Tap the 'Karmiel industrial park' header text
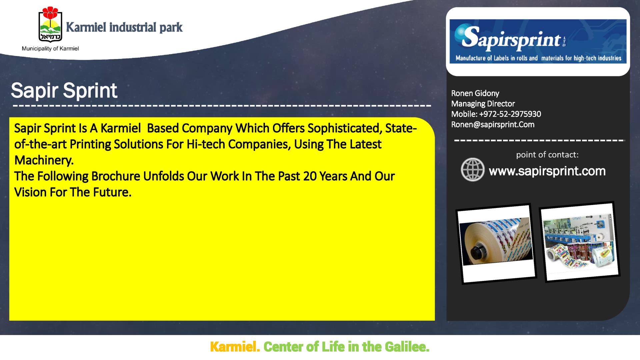coord(124,27)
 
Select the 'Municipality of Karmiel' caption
coord(50,49)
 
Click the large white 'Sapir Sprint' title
coord(64,90)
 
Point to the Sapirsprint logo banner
coord(538,41)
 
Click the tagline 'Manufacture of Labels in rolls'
coord(496,58)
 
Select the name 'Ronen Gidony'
coord(475,93)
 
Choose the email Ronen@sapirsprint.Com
coord(493,124)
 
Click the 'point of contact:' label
coord(547,155)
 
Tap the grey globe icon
coord(472,170)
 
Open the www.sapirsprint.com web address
coord(547,171)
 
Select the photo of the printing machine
coord(579,242)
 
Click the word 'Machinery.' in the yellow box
coord(44,160)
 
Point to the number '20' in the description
coord(310,176)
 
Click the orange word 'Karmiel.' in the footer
coord(235,347)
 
